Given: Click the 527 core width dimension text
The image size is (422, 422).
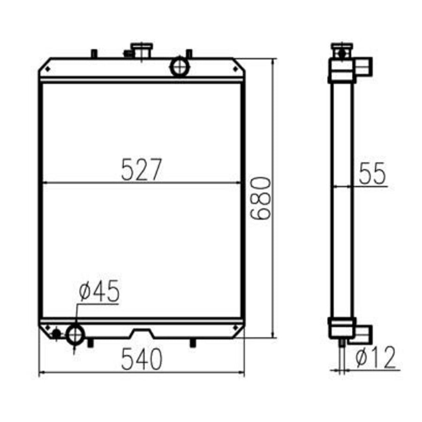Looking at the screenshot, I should click(141, 169).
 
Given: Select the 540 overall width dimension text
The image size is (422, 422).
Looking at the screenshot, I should click(142, 360).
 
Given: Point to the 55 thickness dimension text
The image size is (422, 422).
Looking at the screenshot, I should click(372, 174).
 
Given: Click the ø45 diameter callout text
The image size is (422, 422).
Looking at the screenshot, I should click(99, 292).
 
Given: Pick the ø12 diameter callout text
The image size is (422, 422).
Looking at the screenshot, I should click(376, 358).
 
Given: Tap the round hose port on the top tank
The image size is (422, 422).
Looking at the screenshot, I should click(179, 67).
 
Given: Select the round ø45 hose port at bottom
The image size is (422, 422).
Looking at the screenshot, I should click(75, 335).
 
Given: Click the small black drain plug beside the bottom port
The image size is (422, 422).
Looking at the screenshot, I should click(56, 334).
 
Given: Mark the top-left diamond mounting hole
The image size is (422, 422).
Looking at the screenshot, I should click(47, 69).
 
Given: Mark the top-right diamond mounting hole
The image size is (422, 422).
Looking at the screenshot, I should click(235, 69).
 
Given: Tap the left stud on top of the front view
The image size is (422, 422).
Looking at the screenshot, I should click(94, 53).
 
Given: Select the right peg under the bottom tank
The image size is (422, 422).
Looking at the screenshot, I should click(192, 343).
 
